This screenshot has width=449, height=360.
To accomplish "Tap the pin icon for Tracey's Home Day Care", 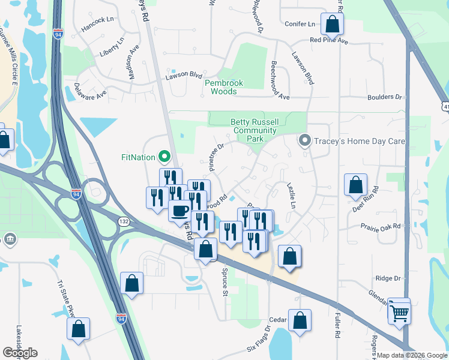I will (304, 142).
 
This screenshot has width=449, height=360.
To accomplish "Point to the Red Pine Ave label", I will (329, 41).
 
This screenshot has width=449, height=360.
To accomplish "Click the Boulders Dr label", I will (386, 97).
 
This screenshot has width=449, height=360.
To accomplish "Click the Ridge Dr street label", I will (387, 278).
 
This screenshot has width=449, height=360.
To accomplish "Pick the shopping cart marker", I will (399, 311).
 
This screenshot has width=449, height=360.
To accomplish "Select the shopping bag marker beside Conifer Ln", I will (332, 24).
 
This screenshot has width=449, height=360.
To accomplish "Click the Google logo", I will (20, 353).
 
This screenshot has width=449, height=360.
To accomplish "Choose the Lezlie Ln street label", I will (292, 196).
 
